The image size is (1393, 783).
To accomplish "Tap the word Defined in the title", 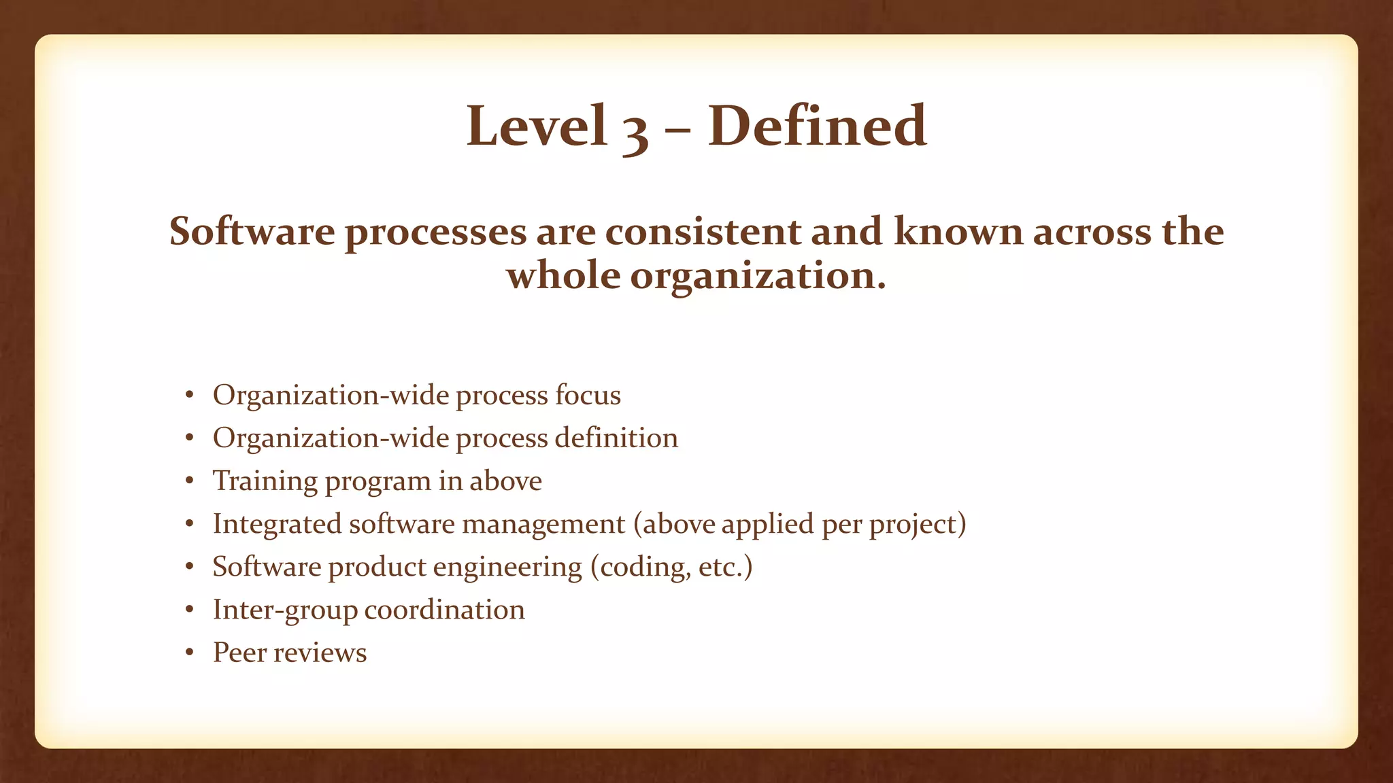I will point(817,126).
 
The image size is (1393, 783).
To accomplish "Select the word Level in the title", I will point(537,126).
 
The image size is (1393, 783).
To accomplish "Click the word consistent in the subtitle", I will point(703,232).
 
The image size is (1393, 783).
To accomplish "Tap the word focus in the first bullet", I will point(588,395).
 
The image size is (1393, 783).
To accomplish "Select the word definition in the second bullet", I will point(616,438).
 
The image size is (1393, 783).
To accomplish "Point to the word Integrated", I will point(277,524).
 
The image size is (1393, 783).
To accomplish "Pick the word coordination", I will point(445,610).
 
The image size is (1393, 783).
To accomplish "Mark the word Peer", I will point(239,652).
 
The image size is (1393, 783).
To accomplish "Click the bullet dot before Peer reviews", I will point(190,653).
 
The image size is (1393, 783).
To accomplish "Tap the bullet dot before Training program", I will point(190,482).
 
